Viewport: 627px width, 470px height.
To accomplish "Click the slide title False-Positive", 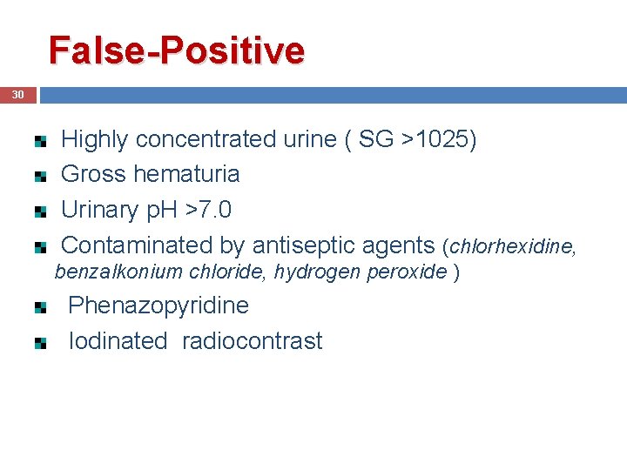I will tap(177, 50).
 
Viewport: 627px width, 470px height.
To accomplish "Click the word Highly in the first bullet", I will tap(95, 139).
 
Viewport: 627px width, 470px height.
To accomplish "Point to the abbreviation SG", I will tap(376, 139).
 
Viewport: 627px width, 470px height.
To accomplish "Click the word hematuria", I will tap(187, 174).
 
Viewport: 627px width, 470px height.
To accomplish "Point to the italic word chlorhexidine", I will tap(509, 247).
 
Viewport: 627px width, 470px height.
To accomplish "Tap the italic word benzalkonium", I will tap(103, 272).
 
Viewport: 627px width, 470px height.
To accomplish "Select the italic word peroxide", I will tap(410, 272).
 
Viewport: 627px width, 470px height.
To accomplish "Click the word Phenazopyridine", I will tap(158, 305).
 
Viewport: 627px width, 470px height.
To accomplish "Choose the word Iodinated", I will tap(118, 341).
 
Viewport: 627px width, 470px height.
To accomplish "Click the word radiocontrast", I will tap(252, 341).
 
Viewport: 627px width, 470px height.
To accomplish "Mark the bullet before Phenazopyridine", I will tap(40, 308).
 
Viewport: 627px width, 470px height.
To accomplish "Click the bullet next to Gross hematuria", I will tap(40, 176).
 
